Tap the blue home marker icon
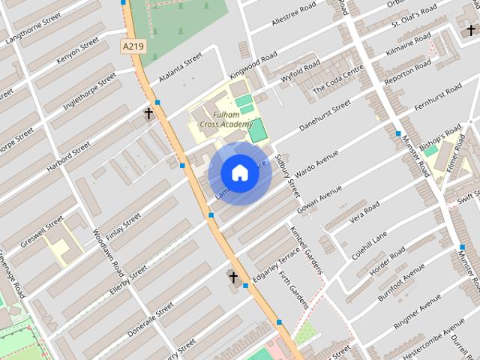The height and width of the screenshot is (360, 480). [239, 173]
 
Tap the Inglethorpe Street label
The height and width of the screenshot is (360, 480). [89, 91]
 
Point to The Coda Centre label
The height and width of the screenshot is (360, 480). [338, 78]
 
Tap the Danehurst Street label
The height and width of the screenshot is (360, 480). [325, 116]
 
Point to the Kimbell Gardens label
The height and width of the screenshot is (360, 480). [306, 249]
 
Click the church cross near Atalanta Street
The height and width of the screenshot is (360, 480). [148, 114]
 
